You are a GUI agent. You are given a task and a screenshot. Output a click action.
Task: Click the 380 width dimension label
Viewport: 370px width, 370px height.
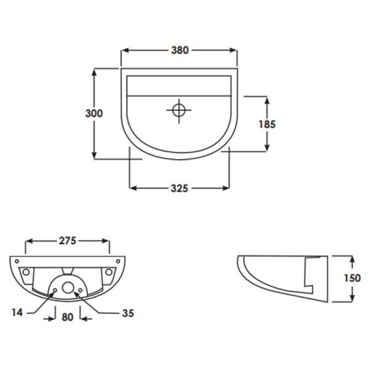[179, 51]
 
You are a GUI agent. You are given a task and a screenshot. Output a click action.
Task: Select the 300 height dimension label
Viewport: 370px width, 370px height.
[94, 113]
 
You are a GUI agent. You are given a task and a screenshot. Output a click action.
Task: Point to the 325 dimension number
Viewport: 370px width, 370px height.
[179, 188]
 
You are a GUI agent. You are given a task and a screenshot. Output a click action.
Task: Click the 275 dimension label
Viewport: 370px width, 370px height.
[68, 240]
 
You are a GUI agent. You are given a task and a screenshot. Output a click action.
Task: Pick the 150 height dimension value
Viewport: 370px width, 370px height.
[352, 277]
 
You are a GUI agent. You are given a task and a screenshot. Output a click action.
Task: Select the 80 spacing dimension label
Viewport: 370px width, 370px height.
[68, 317]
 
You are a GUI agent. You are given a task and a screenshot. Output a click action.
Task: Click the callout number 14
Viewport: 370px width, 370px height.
[17, 313]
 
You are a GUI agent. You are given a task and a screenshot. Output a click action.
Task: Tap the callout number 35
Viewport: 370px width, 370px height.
[128, 313]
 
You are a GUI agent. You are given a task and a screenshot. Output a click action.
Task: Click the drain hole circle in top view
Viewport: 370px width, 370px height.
[179, 110]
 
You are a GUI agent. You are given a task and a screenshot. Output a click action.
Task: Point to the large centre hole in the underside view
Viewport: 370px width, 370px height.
[68, 287]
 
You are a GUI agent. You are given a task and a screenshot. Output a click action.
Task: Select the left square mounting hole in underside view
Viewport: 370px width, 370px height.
[26, 271]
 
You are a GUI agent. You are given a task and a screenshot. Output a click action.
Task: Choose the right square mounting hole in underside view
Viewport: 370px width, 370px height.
[109, 271]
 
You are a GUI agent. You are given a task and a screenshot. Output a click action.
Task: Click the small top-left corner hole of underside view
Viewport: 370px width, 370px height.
[16, 260]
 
